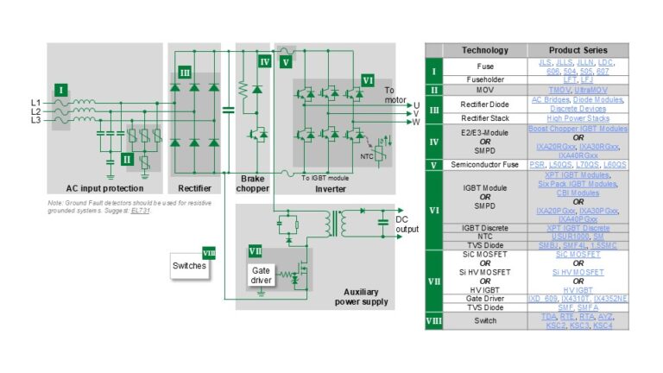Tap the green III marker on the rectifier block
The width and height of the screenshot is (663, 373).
pos(184,73)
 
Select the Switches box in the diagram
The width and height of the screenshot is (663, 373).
pos(190,266)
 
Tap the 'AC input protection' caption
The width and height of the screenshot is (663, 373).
pos(104,188)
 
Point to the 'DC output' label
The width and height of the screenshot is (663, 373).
pos(407,224)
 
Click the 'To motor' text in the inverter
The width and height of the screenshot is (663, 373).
pos(394,93)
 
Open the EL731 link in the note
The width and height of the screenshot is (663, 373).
pos(140,212)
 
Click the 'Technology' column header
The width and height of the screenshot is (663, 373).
pos(484,50)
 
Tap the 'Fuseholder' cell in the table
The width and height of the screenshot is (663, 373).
pos(484,79)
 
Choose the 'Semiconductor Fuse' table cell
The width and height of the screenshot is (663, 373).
pos(484,163)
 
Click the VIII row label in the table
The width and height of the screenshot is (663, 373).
pos(433,322)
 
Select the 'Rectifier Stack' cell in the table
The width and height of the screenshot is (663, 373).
pos(484,118)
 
